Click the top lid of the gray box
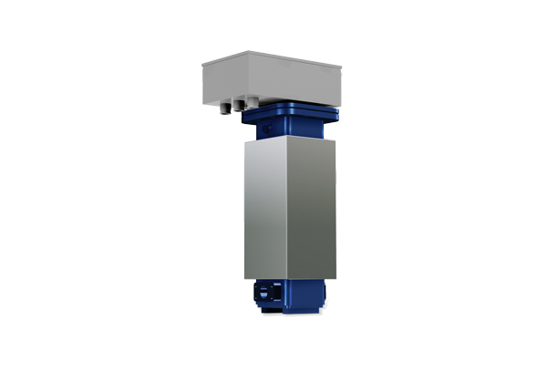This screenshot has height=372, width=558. (x=274, y=63)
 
